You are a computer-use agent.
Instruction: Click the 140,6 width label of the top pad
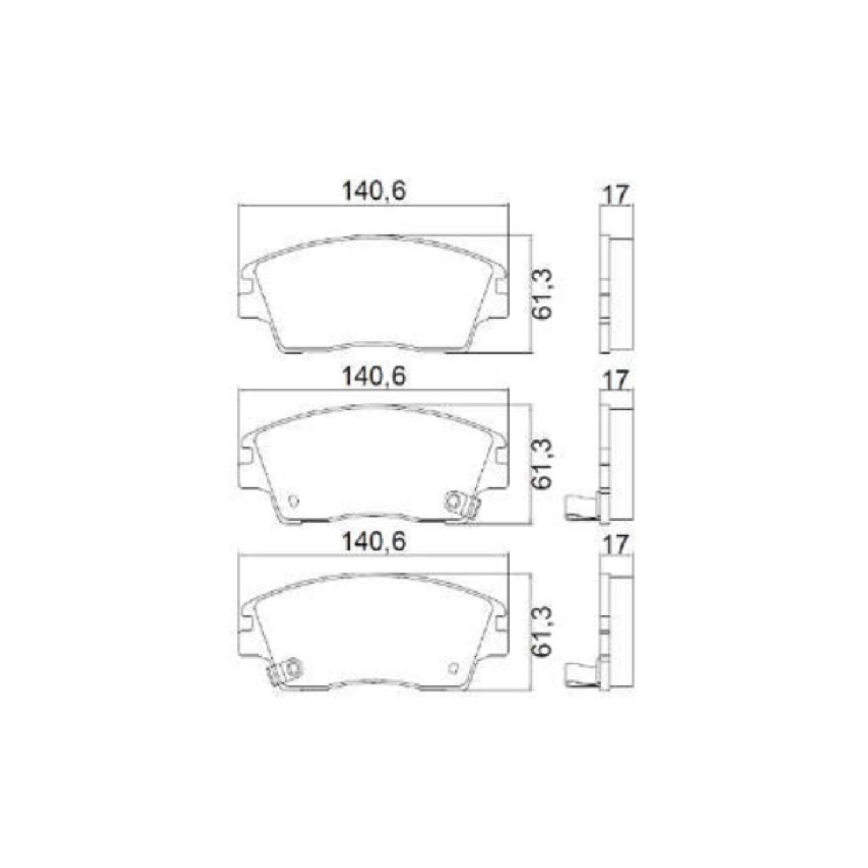pyautogui.click(x=374, y=192)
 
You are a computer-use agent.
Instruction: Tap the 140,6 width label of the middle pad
pyautogui.click(x=374, y=377)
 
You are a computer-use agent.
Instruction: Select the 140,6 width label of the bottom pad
pyautogui.click(x=374, y=542)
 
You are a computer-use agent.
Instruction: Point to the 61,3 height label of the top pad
pyautogui.click(x=543, y=294)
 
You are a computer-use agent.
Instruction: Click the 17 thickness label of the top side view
pyautogui.click(x=615, y=196)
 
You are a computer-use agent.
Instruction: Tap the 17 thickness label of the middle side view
pyautogui.click(x=615, y=381)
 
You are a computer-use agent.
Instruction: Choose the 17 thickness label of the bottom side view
pyautogui.click(x=615, y=545)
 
